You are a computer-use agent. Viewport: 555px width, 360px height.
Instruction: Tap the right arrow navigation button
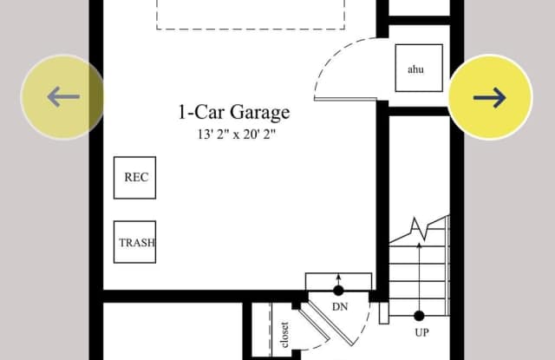tap(490, 96)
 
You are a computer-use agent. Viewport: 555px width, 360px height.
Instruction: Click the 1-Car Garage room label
tap(233, 113)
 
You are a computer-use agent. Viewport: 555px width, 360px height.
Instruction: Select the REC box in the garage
tap(135, 178)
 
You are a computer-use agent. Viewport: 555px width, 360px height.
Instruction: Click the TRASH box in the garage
tap(135, 242)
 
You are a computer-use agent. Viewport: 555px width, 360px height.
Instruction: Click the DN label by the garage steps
tap(340, 307)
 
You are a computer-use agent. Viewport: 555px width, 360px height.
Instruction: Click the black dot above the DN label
tap(338, 291)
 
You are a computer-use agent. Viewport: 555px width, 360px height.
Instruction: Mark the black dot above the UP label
tap(419, 316)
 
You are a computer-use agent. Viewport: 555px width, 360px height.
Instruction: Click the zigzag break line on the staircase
tap(420, 230)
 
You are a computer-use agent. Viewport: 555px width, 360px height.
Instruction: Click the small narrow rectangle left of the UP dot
tap(383, 312)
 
